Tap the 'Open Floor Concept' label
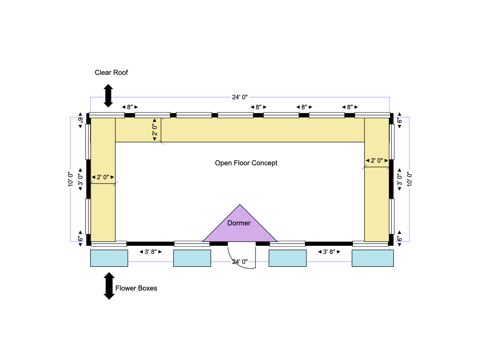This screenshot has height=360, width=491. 246,163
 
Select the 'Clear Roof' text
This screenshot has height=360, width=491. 111,73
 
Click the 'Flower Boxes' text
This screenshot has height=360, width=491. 136,288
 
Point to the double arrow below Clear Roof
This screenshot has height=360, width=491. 108,96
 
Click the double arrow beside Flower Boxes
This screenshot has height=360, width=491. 109,286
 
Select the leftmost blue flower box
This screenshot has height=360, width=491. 109,258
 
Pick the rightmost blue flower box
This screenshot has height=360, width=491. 372,258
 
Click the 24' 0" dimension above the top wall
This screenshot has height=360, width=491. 240,97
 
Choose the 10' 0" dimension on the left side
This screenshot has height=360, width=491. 71,179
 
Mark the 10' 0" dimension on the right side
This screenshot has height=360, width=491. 409,179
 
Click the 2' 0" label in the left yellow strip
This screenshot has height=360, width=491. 103,178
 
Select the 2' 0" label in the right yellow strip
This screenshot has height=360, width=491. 377,160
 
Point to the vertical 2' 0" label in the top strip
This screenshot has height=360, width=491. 155,130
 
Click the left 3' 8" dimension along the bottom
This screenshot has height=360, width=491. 150,252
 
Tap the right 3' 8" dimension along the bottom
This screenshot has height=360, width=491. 329,252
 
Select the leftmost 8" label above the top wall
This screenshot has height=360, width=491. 130,107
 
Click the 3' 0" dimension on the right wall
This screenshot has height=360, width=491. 400,179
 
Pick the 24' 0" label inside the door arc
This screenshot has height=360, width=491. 240,262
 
